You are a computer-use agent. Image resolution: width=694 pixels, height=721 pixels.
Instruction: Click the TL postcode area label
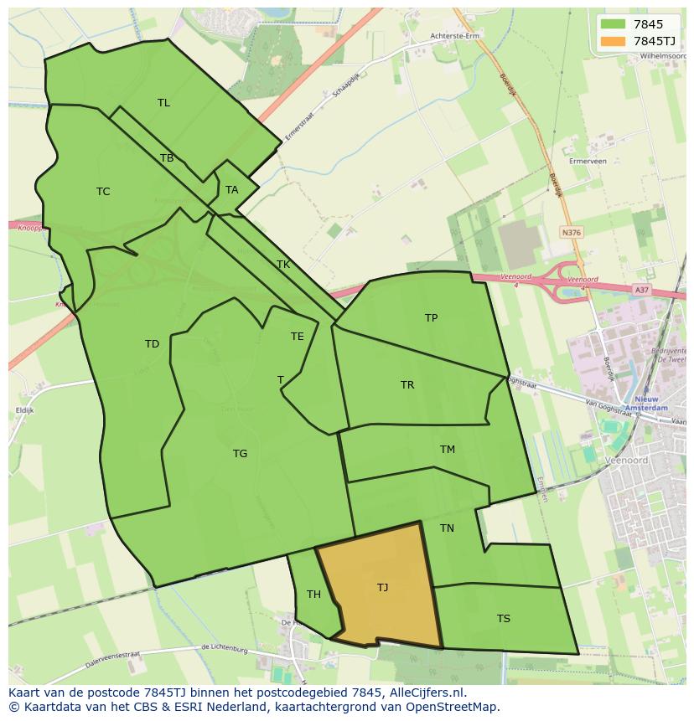coord(163,103)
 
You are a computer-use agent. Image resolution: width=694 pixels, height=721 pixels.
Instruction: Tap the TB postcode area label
coord(167,158)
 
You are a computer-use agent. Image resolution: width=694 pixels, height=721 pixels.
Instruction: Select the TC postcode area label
coord(103,192)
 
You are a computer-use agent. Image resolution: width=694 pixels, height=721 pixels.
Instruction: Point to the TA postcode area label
coord(231,190)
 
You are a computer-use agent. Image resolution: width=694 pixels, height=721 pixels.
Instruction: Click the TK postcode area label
coord(283,265)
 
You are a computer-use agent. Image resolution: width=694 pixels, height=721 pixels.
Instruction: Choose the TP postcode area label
coord(431,318)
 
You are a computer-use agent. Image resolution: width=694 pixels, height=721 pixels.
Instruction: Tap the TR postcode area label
coord(407,385)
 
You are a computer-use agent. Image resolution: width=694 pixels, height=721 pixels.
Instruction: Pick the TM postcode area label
coord(448,450)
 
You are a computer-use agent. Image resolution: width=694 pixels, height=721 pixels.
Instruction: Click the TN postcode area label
coord(447,528)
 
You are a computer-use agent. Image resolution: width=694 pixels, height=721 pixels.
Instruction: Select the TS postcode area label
coord(503,619)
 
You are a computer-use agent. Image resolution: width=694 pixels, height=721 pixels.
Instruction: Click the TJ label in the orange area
coord(382,588)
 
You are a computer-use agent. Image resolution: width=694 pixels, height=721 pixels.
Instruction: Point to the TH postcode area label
coord(313,595)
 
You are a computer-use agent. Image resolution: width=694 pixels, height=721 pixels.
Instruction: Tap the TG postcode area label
coord(240,454)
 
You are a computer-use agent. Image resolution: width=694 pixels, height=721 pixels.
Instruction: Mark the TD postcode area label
coord(152,344)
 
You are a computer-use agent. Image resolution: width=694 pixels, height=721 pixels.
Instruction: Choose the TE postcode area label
coord(298,337)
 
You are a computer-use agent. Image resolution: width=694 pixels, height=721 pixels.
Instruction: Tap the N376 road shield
coord(572,233)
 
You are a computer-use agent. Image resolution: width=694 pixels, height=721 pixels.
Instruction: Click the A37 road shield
coord(641,290)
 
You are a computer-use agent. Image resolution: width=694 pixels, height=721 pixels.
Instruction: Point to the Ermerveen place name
coord(587,161)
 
